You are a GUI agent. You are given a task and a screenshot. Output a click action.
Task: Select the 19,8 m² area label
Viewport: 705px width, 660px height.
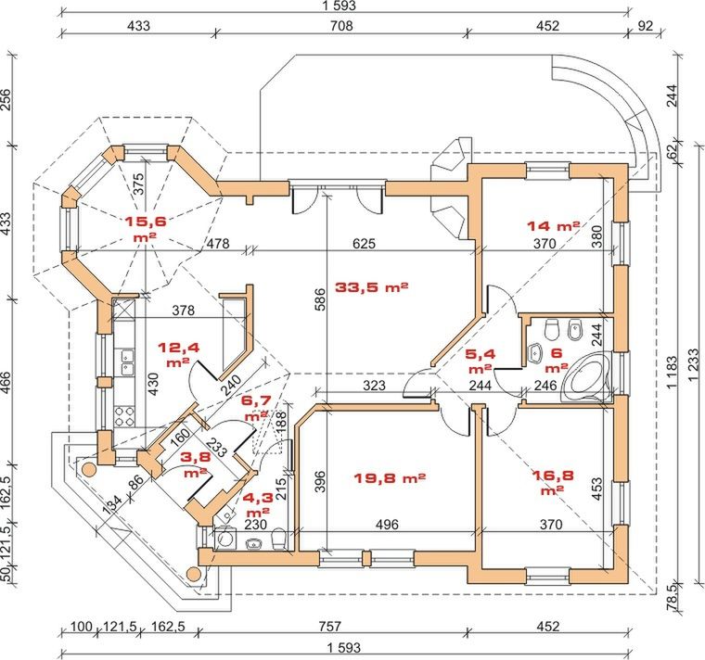[x=390, y=478]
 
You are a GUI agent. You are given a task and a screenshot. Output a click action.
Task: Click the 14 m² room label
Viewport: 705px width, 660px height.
[x=553, y=225]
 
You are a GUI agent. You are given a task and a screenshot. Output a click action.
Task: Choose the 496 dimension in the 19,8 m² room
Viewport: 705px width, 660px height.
[x=387, y=525]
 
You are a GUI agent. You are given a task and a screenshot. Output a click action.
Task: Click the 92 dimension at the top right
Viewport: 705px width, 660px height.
[x=647, y=26]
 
